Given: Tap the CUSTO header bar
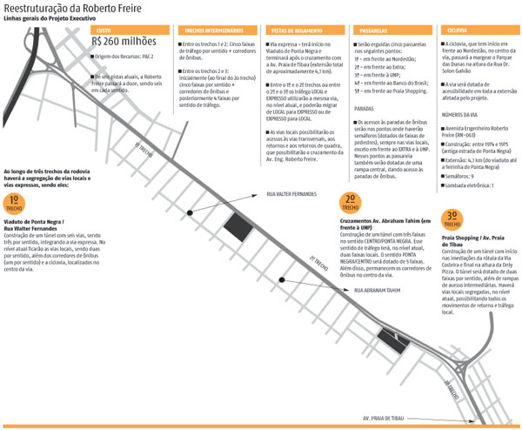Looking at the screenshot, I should pyautogui.click(x=130, y=30).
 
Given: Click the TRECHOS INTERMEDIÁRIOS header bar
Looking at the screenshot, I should pyautogui.click(x=217, y=30).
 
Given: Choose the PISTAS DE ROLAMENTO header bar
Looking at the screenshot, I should pyautogui.click(x=305, y=30).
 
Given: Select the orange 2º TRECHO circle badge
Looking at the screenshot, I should pyautogui.click(x=351, y=201).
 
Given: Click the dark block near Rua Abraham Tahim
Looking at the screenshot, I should pyautogui.click(x=391, y=344).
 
